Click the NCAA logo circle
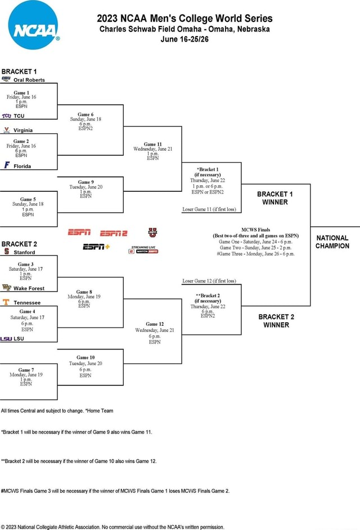[x=33, y=25]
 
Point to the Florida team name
[x=22, y=166]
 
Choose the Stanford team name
[x=24, y=253]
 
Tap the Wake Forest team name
[x=29, y=288]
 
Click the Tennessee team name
[x=27, y=302]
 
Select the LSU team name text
[x=19, y=339]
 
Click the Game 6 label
[x=85, y=114]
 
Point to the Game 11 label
[x=152, y=144]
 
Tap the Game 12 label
[x=154, y=324]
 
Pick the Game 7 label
[x=24, y=370]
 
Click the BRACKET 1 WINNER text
[x=275, y=198]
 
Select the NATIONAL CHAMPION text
[x=332, y=242]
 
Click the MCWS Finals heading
[x=256, y=230]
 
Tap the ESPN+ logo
[x=96, y=246]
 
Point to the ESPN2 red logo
[x=114, y=233]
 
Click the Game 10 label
[x=85, y=357]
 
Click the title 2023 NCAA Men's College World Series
[x=184, y=18]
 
